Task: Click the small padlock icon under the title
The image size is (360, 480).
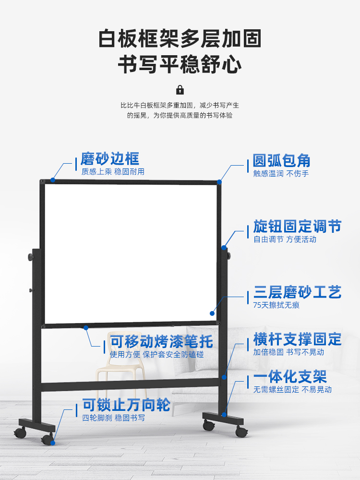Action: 180,89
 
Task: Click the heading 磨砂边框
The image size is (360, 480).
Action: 109,159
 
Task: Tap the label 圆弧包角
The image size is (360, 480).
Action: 282,160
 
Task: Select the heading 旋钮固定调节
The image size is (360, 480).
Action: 297,226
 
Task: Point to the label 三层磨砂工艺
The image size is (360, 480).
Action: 297,292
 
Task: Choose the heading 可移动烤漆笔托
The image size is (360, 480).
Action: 161,342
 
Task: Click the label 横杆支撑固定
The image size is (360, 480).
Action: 297,339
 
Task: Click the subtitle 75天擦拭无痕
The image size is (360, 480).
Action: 276,305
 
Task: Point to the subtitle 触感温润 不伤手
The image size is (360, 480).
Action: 281,173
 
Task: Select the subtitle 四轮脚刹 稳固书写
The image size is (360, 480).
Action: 113,418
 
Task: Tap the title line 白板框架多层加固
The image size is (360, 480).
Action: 180,38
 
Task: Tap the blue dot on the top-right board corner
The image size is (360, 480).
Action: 219,181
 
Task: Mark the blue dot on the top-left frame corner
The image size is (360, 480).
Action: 53,180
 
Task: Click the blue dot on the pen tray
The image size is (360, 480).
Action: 86,328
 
